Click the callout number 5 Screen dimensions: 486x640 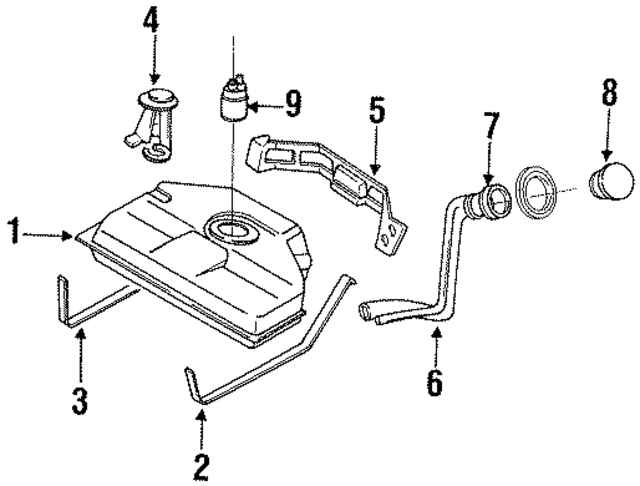(x=375, y=109)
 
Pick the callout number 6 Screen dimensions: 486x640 (x=435, y=382)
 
